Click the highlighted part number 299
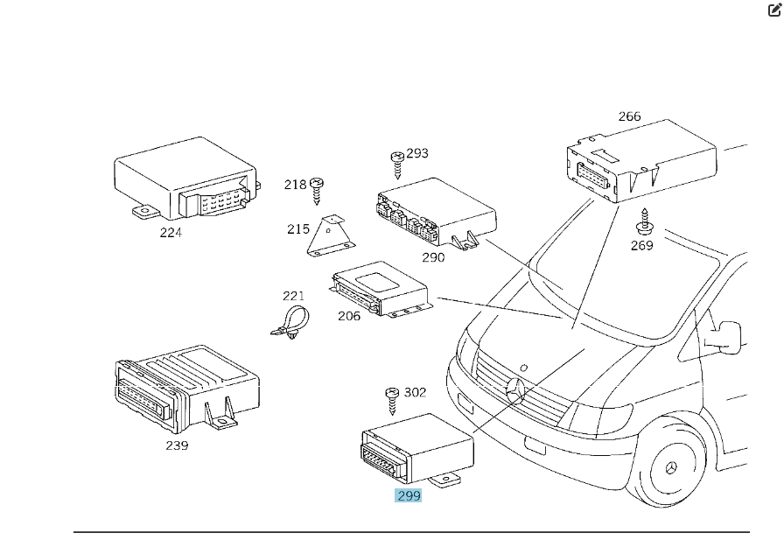[x=409, y=495]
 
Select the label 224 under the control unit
[x=171, y=232]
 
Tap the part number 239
[x=177, y=445]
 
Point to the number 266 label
[x=629, y=116]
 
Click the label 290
[x=433, y=257]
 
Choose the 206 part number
[x=349, y=316]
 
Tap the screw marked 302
[x=391, y=402]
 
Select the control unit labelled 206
[x=383, y=288]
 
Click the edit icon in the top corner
[x=773, y=11]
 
